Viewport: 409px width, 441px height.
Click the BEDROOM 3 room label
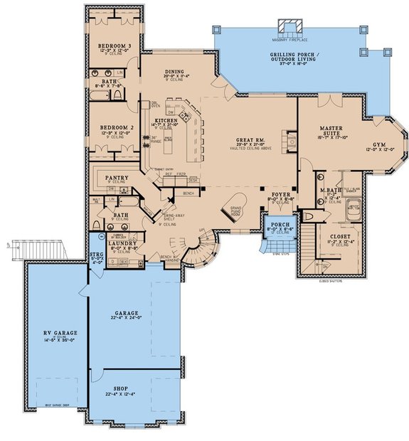(114, 46)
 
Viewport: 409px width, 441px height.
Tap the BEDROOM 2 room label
(112, 128)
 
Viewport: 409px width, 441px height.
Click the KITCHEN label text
(166, 121)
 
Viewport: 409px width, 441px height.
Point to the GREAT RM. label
(250, 139)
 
